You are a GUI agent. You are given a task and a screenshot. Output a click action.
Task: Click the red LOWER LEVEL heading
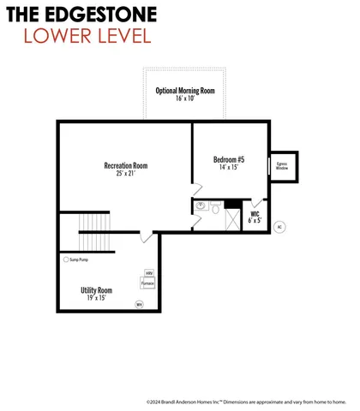[x=87, y=35]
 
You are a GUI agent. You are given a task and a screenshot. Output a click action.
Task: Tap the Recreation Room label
[x=127, y=165]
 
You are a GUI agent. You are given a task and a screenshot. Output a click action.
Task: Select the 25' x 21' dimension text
[x=127, y=174]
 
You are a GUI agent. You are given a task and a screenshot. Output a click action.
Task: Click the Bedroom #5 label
[x=230, y=159]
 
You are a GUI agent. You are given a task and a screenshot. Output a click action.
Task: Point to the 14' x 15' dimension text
[x=230, y=168]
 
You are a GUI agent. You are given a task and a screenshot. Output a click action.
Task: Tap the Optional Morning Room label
[x=186, y=90]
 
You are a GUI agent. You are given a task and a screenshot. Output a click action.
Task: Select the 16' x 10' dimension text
[x=186, y=98]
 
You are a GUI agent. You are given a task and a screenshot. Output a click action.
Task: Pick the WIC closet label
[x=255, y=215]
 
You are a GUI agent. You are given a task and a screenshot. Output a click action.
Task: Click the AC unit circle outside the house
[x=279, y=227]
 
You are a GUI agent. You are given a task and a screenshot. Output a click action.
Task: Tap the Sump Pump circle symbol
[x=66, y=259]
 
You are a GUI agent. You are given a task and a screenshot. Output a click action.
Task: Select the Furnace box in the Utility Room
[x=147, y=283]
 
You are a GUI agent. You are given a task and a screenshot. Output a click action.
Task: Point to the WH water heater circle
[x=140, y=303]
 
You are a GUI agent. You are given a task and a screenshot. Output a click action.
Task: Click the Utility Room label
[x=96, y=291]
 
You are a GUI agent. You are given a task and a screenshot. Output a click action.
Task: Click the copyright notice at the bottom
[x=246, y=401]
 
